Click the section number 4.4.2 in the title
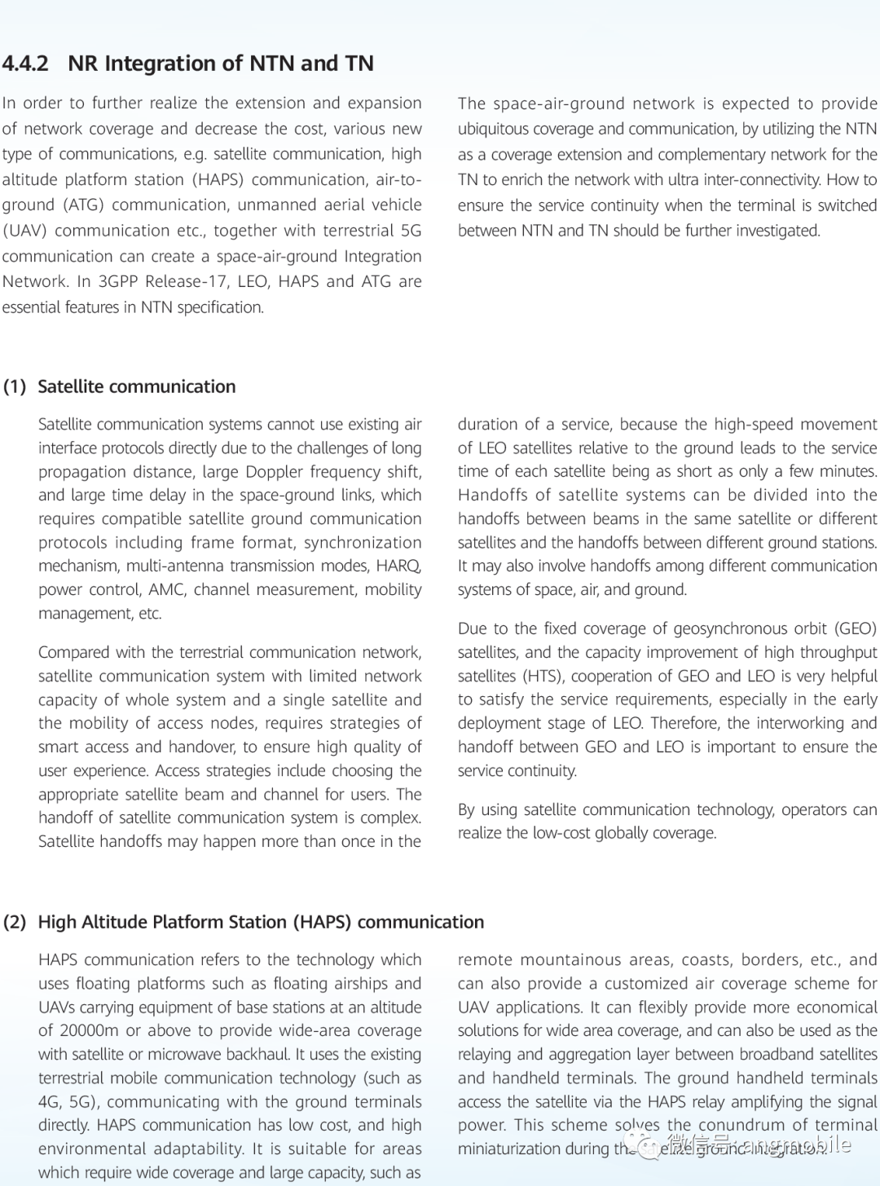[x=25, y=64]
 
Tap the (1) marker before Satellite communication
[x=15, y=386]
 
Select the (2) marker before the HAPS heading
[x=15, y=922]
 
